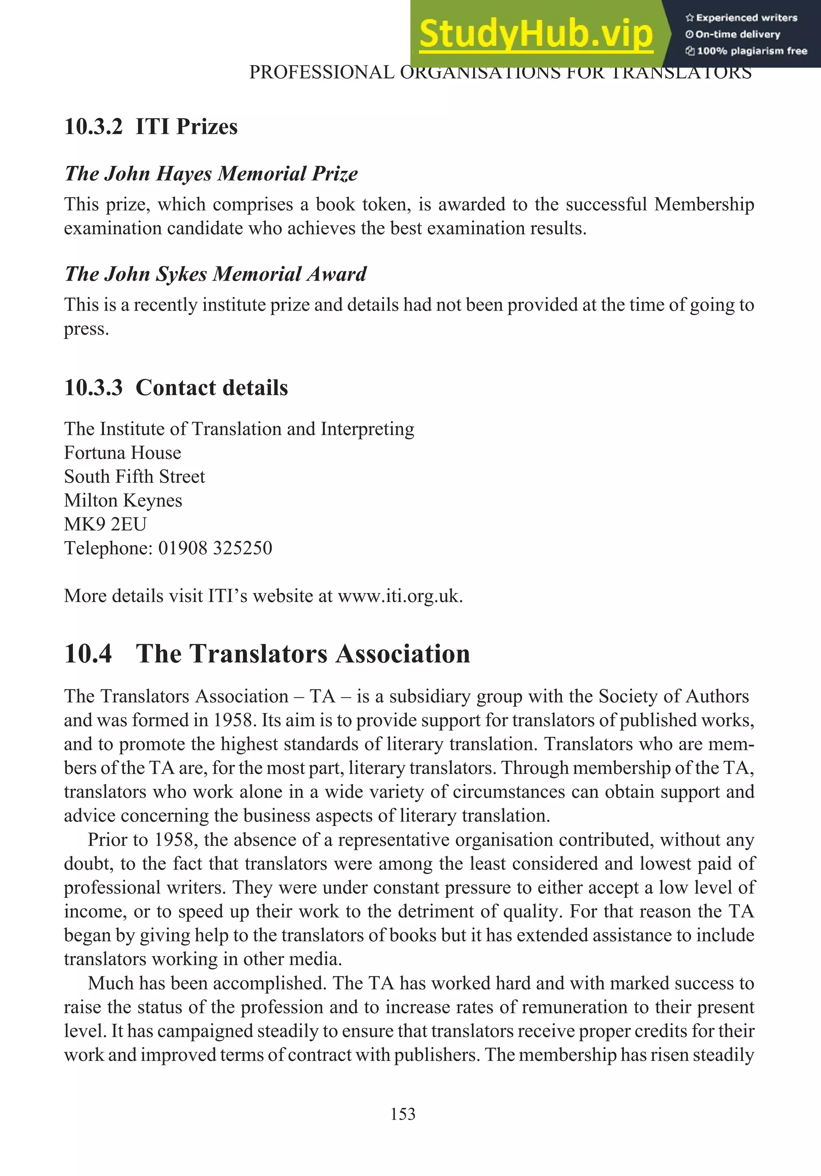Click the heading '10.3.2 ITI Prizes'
[151, 127]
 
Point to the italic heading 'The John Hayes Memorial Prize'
[211, 174]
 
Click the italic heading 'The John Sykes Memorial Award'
[215, 274]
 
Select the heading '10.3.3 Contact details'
[176, 388]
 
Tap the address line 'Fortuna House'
[122, 453]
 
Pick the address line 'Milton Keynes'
[123, 500]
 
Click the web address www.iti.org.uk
[400, 596]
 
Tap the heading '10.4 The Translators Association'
[267, 654]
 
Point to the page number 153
[402, 1114]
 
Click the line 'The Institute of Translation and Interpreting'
[239, 429]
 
